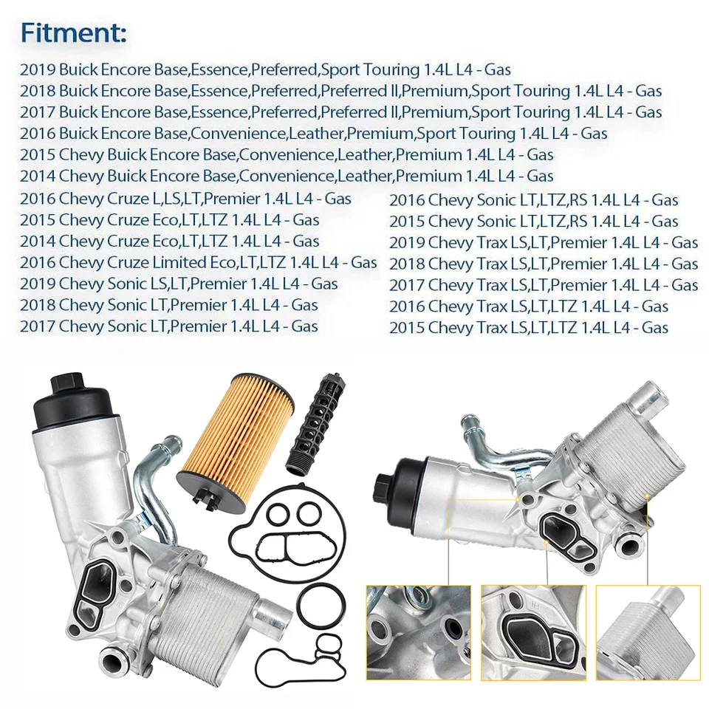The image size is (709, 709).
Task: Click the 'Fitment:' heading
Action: (x=73, y=33)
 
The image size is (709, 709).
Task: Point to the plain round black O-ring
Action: (x=320, y=603)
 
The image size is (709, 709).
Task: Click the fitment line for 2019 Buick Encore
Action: (x=265, y=70)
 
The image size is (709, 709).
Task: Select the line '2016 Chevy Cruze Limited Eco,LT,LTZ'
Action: (x=198, y=263)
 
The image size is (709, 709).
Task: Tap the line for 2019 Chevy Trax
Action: (x=543, y=242)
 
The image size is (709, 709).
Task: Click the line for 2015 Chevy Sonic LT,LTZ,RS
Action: (x=533, y=221)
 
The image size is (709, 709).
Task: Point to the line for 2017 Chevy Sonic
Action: (x=168, y=326)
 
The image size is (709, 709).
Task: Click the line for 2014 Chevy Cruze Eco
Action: (x=169, y=242)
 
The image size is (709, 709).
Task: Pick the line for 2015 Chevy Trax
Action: (x=528, y=328)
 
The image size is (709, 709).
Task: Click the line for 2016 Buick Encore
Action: (x=313, y=134)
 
